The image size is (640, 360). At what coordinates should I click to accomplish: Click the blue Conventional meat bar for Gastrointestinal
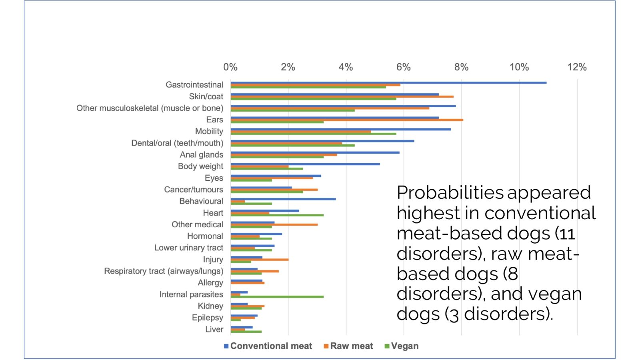coord(388,82)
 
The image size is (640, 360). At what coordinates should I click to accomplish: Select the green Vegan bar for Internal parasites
coord(277,297)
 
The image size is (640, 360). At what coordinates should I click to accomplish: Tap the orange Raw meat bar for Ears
coord(346,120)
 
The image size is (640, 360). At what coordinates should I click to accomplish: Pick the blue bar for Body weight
coord(305,164)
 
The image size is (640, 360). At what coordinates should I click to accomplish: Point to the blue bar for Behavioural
coord(283,199)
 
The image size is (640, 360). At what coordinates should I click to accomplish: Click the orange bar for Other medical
coord(274,224)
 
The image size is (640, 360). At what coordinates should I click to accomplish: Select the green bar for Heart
coord(277,215)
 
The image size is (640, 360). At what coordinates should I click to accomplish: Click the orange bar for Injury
coord(259,260)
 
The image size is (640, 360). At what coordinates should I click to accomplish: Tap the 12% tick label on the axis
coord(577,67)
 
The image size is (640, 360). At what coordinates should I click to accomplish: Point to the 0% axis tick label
coord(230,67)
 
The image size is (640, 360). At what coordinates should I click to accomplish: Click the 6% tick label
coord(404,67)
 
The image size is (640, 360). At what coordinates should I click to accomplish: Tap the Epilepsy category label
coord(207,318)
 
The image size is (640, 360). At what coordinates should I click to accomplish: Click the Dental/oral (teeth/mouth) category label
coord(177,143)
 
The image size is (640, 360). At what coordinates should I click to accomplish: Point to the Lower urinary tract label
coord(188,248)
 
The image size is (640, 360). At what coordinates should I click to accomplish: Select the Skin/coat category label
coord(206,96)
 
